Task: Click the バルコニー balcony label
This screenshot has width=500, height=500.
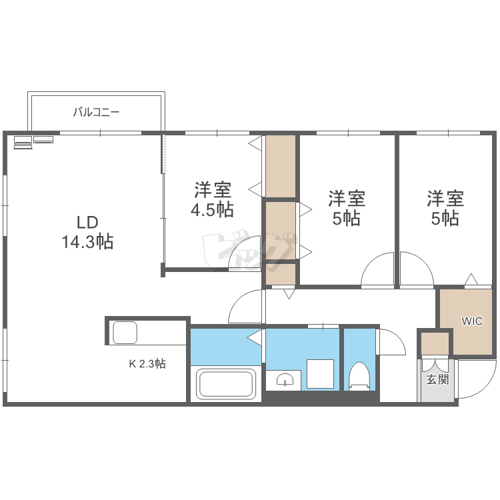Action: tap(96, 113)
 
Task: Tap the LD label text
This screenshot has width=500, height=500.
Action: tap(87, 222)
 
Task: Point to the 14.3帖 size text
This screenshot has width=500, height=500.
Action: tap(87, 241)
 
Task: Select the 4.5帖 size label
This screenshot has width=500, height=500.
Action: tap(212, 210)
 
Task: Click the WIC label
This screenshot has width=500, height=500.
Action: tap(472, 321)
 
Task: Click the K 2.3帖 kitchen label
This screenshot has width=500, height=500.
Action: tap(147, 364)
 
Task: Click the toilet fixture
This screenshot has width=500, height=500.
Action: tap(359, 376)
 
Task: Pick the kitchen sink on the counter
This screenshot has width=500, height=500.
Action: tap(125, 332)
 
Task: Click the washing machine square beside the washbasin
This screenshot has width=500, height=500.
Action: tap(320, 374)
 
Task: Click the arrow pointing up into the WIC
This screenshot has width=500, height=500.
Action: tap(471, 279)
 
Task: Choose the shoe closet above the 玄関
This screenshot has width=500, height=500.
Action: tap(435, 343)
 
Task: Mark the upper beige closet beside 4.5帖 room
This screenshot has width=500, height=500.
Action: tap(281, 166)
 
